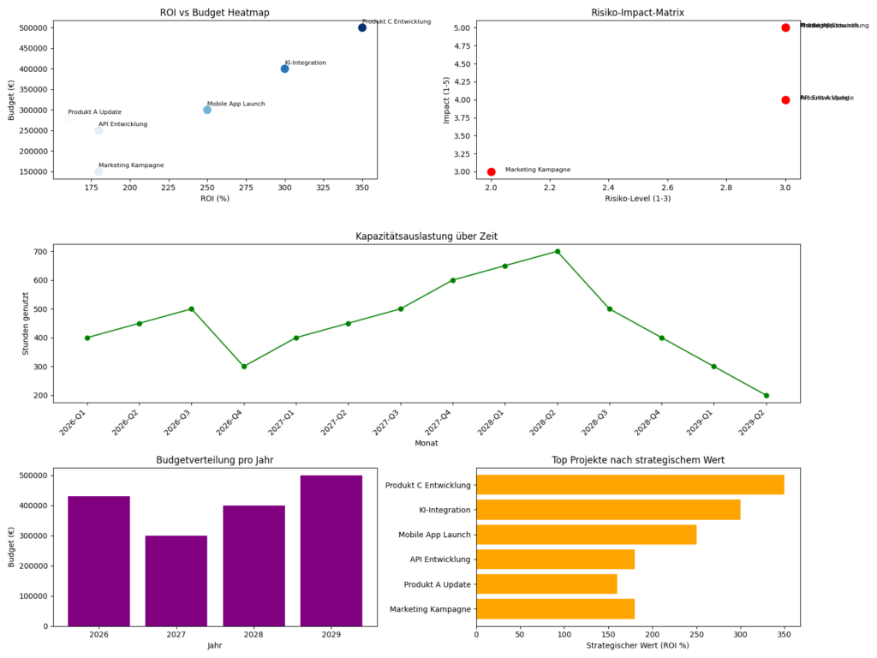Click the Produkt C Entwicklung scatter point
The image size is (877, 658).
tap(362, 27)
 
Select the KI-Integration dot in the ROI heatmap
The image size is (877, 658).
tap(284, 69)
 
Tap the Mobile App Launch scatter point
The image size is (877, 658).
tap(207, 110)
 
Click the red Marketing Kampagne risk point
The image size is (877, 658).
tap(491, 171)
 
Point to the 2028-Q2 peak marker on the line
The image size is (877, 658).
tap(558, 251)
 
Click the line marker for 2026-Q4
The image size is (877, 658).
tap(244, 367)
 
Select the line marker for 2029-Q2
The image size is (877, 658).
tap(767, 396)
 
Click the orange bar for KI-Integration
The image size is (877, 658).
tap(608, 510)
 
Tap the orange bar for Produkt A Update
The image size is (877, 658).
tap(546, 584)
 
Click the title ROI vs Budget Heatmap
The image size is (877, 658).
tap(215, 11)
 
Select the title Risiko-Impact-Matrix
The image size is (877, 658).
tap(638, 11)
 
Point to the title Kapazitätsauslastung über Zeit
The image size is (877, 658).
tap(427, 236)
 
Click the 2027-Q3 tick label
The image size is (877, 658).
tap(394, 422)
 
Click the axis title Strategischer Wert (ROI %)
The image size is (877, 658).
tap(638, 645)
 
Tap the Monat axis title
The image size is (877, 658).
tap(427, 443)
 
